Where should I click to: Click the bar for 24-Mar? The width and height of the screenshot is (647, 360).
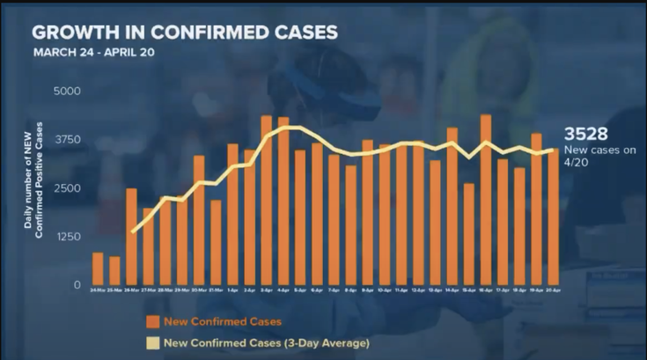coord(98,268)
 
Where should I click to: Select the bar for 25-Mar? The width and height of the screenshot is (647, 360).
coord(114,271)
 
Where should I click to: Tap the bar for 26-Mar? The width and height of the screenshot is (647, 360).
coord(131,237)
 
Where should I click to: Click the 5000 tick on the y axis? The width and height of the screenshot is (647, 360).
coord(67,92)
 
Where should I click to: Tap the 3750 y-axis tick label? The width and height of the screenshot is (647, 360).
coord(67,140)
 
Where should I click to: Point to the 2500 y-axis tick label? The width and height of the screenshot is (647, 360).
coord(67,188)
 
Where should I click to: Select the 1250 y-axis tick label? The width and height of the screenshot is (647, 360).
coord(67,237)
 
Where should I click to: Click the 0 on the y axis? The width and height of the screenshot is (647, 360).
coord(77,285)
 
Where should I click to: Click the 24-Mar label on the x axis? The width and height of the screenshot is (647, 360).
coord(97,290)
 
